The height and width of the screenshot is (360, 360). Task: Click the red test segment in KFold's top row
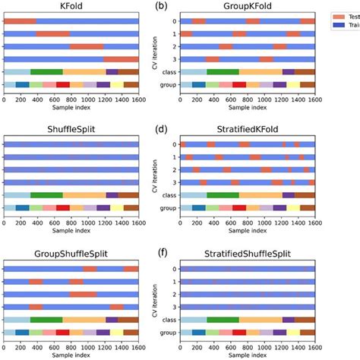coord(19,21)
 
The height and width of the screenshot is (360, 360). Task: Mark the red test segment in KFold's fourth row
coord(121,58)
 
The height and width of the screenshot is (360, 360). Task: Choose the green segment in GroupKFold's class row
coord(223,71)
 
